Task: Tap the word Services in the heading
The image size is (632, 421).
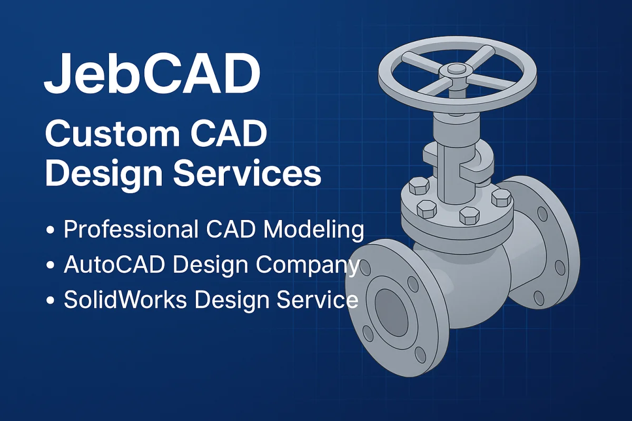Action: click(248, 173)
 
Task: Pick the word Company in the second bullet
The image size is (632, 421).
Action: click(315, 266)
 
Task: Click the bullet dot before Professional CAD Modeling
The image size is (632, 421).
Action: click(51, 231)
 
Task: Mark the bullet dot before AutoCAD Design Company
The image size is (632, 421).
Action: click(51, 266)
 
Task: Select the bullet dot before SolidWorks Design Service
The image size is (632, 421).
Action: click(51, 300)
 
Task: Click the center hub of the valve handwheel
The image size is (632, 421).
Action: click(451, 69)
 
